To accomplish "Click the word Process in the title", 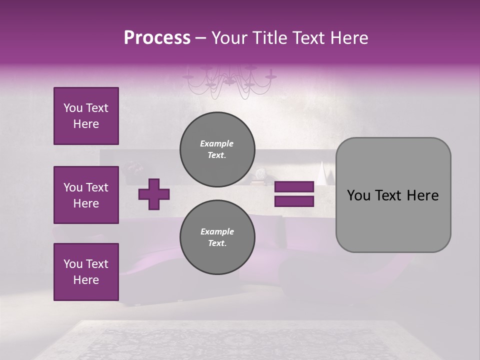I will (157, 38).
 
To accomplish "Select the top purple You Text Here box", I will (86, 116).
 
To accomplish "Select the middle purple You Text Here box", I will (86, 195).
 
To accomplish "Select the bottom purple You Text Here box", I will (86, 272).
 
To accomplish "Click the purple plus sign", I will (154, 194).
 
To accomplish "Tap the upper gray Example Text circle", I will (217, 149).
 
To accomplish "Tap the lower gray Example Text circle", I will (217, 237).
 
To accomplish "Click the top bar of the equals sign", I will (294, 187).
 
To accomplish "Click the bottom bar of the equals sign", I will (294, 201).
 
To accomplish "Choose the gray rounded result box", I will (393, 195).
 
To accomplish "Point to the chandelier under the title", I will (229, 80).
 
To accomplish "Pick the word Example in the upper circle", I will (217, 143).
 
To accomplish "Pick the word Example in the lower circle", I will (217, 231).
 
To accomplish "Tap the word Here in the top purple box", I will (86, 124).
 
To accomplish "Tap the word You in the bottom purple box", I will (73, 264).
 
